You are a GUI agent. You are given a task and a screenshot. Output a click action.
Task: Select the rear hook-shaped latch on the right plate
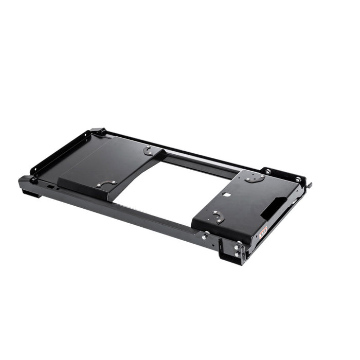(x=254, y=178)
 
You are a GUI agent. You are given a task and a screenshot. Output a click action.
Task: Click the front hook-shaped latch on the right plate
(x=219, y=217)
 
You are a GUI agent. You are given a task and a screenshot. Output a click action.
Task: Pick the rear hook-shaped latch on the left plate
(x=148, y=150)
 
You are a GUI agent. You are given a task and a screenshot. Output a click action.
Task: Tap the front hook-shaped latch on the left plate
(x=107, y=183)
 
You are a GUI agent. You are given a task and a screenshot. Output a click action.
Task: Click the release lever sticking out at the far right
(x=309, y=185)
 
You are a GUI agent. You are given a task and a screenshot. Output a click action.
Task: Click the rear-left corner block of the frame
(x=98, y=132)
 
